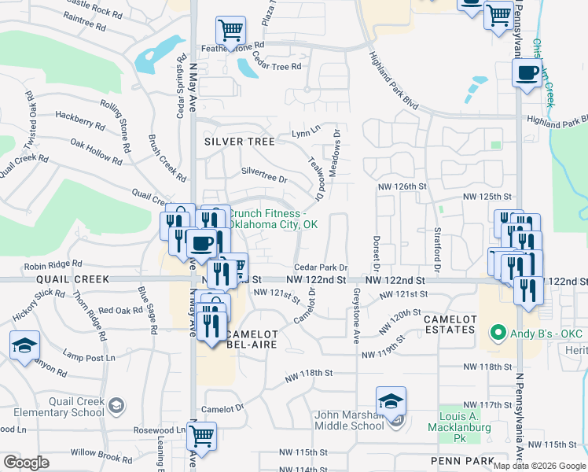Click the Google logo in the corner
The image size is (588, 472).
(x=26, y=463)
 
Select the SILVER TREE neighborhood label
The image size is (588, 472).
(x=239, y=142)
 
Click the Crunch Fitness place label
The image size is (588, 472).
(x=272, y=219)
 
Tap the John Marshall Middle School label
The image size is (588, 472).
(x=347, y=420)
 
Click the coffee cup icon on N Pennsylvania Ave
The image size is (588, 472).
(x=526, y=74)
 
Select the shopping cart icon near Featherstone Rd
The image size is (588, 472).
(x=230, y=31)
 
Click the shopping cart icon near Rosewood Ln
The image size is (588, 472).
(x=203, y=434)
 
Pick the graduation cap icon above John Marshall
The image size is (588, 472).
(x=391, y=400)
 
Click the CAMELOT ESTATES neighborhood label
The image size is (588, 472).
(x=450, y=325)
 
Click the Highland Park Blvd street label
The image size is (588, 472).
(x=394, y=81)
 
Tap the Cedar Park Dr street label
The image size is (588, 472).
(x=321, y=267)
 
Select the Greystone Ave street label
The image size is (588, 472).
(x=356, y=313)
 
